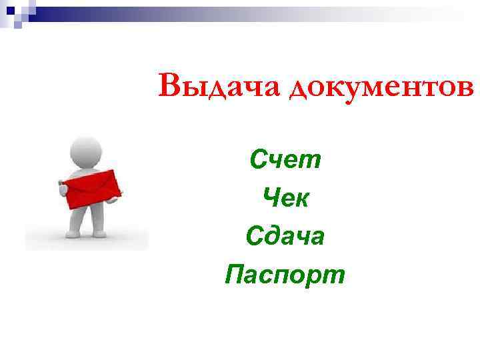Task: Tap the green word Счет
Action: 285,159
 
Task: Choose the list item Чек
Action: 285,197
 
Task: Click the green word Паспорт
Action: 285,274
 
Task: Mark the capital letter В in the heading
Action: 170,86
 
